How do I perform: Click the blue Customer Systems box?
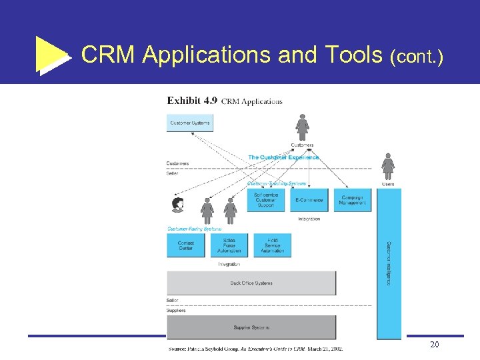[x=189, y=123]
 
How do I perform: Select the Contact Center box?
[x=186, y=245]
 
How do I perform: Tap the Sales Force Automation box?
[x=229, y=245]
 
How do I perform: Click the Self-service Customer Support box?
[x=266, y=200]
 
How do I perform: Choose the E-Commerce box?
[x=309, y=200]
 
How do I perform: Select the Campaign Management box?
[x=352, y=200]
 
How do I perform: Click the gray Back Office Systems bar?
[x=251, y=283]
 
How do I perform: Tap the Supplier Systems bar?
[x=251, y=327]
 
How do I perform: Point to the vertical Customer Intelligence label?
[x=389, y=263]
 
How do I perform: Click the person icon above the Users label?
[x=388, y=166]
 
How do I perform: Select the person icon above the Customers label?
[x=302, y=127]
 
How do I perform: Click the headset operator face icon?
[x=178, y=205]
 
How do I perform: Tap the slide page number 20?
[x=434, y=345]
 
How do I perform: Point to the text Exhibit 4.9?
[x=191, y=101]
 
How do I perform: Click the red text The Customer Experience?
[x=283, y=157]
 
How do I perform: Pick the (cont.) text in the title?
[x=417, y=57]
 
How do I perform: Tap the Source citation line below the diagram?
[x=255, y=347]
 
